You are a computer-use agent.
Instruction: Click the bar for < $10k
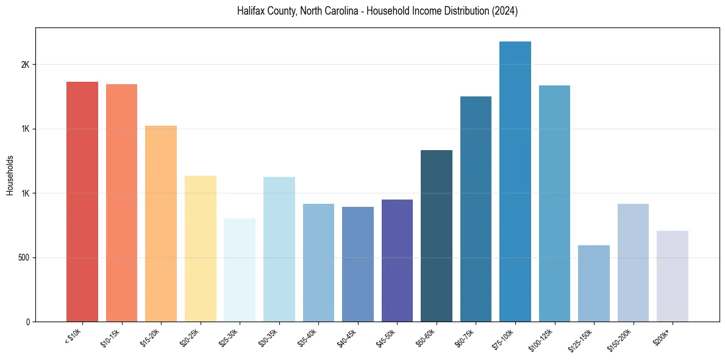82,201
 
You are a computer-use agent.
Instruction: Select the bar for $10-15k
121,203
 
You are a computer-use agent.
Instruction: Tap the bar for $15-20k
161,223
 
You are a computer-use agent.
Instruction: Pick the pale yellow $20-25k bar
200,248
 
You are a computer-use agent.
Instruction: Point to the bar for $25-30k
240,270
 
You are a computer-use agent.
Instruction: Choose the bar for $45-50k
397,261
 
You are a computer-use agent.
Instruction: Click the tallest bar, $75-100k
515,181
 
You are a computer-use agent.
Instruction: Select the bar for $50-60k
437,236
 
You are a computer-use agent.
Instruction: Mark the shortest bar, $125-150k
594,283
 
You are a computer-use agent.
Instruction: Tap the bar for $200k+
673,276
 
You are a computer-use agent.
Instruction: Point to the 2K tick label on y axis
25,65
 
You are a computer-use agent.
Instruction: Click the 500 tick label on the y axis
23,257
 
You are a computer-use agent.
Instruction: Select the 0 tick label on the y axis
27,322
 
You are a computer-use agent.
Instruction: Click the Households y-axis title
10,175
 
